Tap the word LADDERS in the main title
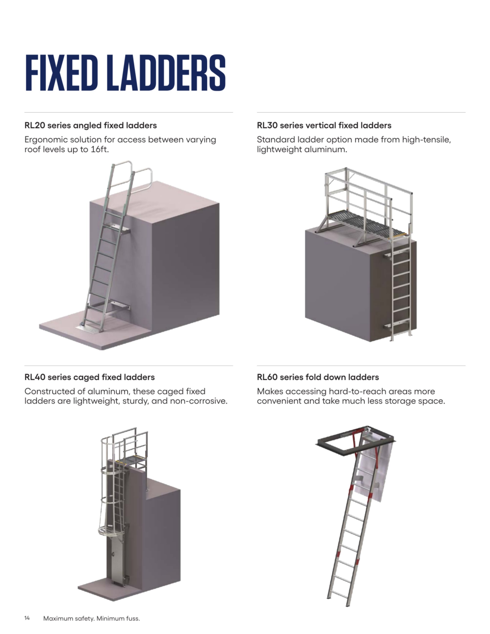(x=166, y=73)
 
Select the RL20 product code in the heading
(x=35, y=125)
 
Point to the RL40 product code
(x=35, y=377)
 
